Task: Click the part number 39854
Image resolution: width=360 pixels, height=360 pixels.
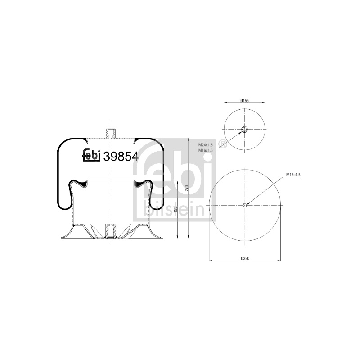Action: (121, 157)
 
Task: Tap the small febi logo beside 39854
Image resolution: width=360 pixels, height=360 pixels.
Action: (91, 155)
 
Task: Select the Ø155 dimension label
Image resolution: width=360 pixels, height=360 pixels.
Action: (245, 100)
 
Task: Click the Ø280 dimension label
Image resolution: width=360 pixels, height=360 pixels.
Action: (245, 258)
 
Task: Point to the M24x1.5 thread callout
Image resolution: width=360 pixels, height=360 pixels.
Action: (206, 145)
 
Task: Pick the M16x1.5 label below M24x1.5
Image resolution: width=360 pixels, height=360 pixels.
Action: (206, 150)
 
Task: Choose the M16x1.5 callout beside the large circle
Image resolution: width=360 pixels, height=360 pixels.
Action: (293, 175)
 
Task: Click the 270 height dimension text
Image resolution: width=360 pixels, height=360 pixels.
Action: (187, 188)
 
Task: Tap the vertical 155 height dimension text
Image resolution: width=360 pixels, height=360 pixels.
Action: (175, 210)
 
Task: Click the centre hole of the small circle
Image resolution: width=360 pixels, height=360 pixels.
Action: (244, 130)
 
